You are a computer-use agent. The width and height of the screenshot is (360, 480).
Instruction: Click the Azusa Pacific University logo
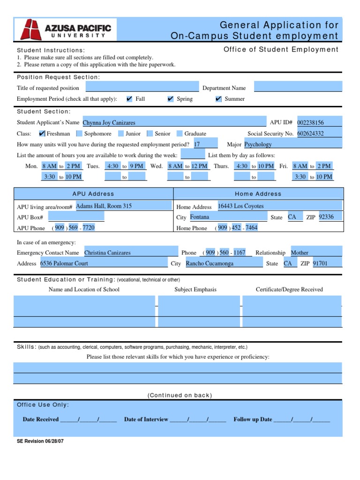point(65,30)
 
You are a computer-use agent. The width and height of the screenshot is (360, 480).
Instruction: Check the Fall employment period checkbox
point(129,99)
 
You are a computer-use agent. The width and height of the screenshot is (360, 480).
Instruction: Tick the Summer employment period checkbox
point(218,99)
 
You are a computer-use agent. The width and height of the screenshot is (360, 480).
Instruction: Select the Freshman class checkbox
point(42,134)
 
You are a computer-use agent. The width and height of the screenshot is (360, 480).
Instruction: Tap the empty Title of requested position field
point(142,87)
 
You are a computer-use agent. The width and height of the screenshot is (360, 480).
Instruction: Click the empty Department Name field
point(298,87)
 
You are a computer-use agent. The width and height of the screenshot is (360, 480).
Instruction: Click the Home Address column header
point(258,194)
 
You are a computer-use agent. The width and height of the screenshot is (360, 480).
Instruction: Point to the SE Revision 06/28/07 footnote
point(40,441)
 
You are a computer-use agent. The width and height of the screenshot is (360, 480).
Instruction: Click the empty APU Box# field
point(76,217)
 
